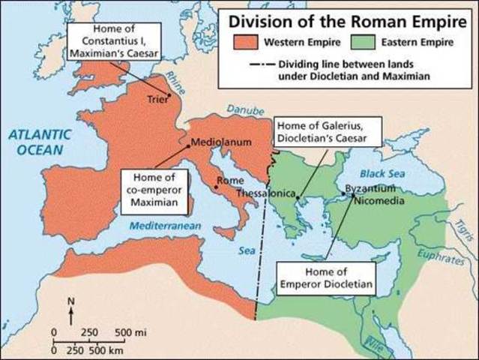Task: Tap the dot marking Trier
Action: pos(170,94)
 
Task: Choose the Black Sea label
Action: pos(382,174)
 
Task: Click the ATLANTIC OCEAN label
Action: pos(39,142)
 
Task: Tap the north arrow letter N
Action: pos(71,302)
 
